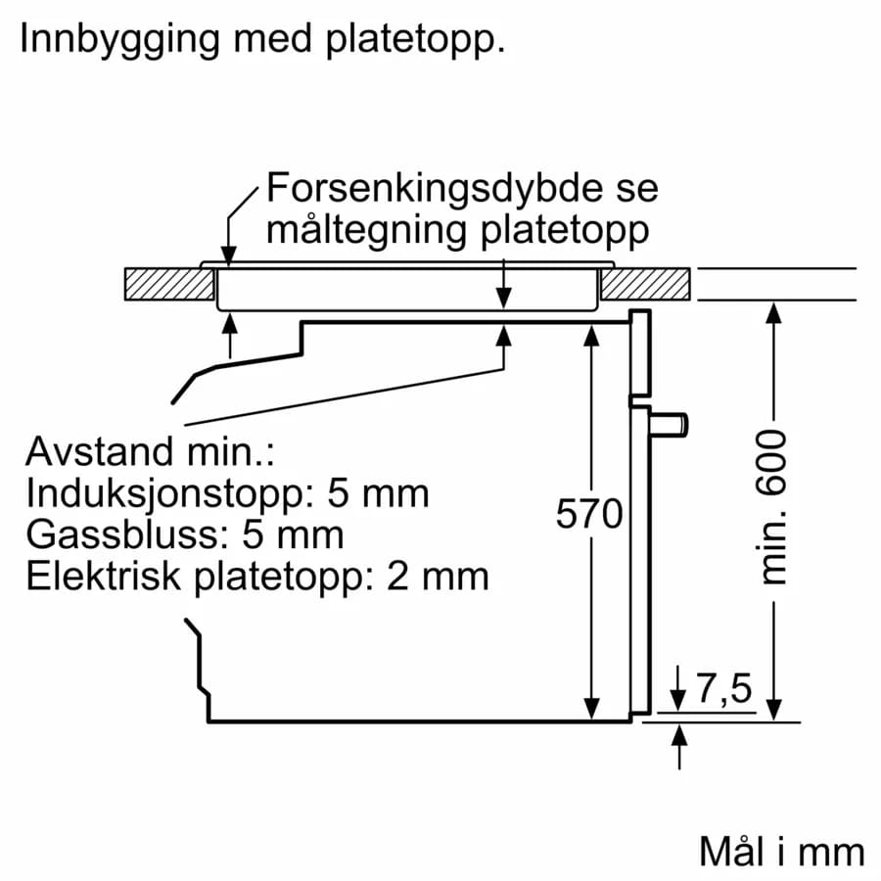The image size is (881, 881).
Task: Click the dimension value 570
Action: (x=589, y=514)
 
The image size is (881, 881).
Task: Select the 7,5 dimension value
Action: (x=723, y=690)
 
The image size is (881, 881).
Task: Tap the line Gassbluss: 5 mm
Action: (x=185, y=534)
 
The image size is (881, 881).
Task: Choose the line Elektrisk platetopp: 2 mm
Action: (x=256, y=576)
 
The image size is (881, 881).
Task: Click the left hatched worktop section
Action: (x=169, y=284)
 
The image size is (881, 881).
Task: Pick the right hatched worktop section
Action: (x=646, y=284)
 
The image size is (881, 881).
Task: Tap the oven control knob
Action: (x=673, y=423)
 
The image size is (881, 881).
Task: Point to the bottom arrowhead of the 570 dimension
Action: (x=591, y=711)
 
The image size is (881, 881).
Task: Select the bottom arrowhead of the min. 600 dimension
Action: (x=773, y=712)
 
